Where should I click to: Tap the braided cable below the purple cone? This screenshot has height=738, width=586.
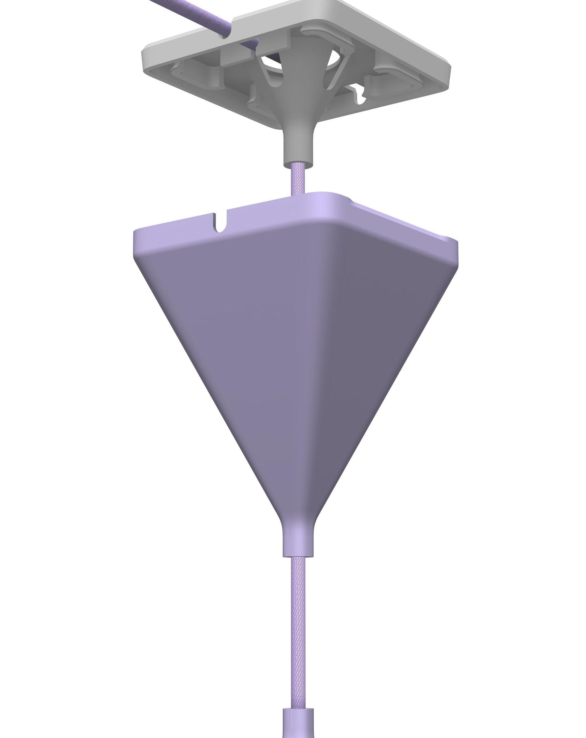[x=298, y=617]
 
